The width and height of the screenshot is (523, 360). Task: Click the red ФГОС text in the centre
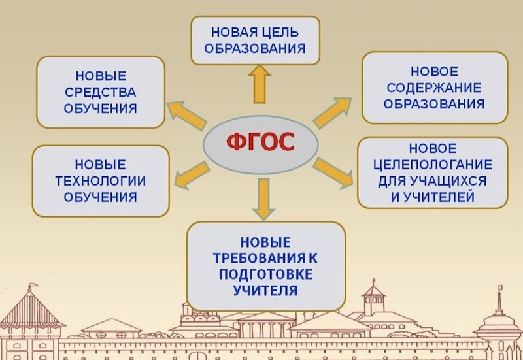tap(260, 142)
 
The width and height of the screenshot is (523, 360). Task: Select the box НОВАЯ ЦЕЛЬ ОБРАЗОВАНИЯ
tap(256, 41)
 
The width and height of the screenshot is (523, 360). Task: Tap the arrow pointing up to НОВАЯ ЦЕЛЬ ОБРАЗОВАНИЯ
tap(260, 84)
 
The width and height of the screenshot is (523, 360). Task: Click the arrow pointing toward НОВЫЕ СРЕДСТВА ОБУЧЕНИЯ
tap(186, 115)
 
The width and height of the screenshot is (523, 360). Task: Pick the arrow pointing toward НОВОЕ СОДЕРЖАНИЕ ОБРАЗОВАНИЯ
tap(333, 112)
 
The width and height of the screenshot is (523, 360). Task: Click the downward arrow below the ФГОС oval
tap(263, 199)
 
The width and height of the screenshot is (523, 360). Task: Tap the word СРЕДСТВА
tap(101, 92)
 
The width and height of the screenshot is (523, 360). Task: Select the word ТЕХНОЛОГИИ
tap(101, 181)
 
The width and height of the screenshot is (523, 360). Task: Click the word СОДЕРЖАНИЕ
tap(434, 88)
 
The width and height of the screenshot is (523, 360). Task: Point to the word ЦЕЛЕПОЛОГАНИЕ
tap(433, 165)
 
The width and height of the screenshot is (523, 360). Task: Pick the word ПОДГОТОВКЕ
tap(265, 274)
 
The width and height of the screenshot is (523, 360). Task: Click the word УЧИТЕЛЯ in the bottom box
tap(265, 290)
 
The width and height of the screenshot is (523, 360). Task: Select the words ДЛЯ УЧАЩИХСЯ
tap(432, 181)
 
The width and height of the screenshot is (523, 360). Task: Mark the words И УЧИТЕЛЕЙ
tap(433, 197)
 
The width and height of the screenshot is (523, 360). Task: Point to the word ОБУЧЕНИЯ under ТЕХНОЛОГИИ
tap(101, 197)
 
